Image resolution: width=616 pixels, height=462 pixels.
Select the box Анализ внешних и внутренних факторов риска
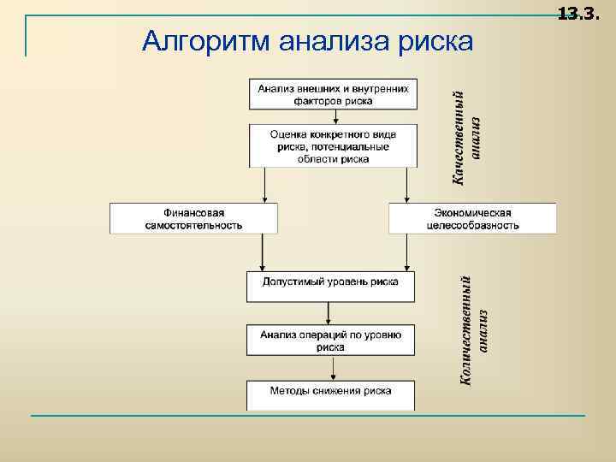click(333, 93)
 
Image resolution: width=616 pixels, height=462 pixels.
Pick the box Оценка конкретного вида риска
click(333, 145)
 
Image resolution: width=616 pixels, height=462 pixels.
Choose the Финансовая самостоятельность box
click(193, 218)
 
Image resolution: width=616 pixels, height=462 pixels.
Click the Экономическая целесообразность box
click(472, 218)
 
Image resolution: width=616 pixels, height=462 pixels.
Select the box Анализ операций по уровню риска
click(330, 340)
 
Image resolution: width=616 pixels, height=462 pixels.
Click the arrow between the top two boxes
click(333, 116)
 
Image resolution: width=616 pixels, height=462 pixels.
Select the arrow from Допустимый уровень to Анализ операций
click(330, 313)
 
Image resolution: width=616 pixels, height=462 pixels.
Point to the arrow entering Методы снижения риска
click(330, 368)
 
